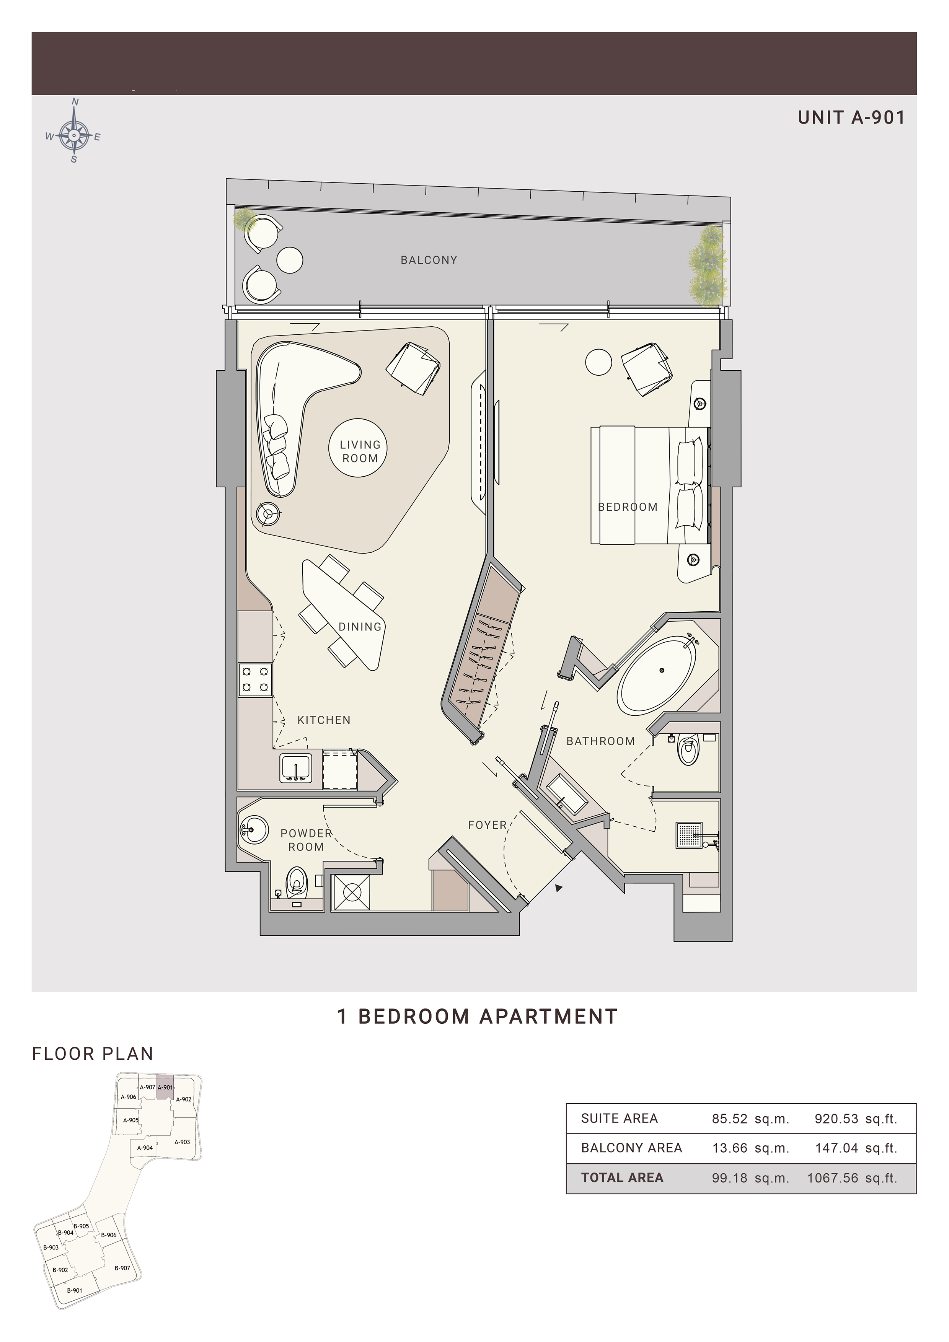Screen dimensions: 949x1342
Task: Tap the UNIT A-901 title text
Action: pyautogui.click(x=851, y=118)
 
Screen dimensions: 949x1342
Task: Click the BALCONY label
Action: pyautogui.click(x=429, y=260)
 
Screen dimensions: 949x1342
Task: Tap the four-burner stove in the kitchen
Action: pyautogui.click(x=256, y=680)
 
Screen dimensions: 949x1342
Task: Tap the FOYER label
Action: pyautogui.click(x=487, y=825)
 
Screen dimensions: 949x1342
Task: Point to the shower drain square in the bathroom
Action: pyautogui.click(x=689, y=835)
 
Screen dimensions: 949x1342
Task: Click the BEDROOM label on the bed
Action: pyautogui.click(x=628, y=507)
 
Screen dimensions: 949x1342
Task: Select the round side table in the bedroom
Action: pyautogui.click(x=598, y=362)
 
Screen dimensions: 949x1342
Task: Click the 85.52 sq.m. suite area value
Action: pyautogui.click(x=750, y=1119)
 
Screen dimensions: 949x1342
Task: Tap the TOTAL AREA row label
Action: pyautogui.click(x=622, y=1178)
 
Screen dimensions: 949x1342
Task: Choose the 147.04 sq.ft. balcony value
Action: pyautogui.click(x=856, y=1148)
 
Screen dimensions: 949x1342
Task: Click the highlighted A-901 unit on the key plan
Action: pyautogui.click(x=165, y=1087)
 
